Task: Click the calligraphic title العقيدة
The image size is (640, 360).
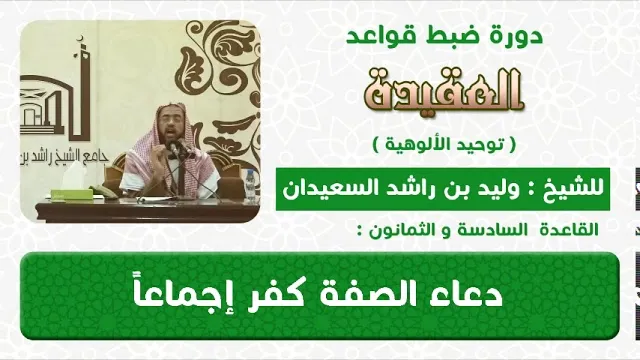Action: click(x=443, y=90)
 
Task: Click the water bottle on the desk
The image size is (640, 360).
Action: click(x=250, y=185)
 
